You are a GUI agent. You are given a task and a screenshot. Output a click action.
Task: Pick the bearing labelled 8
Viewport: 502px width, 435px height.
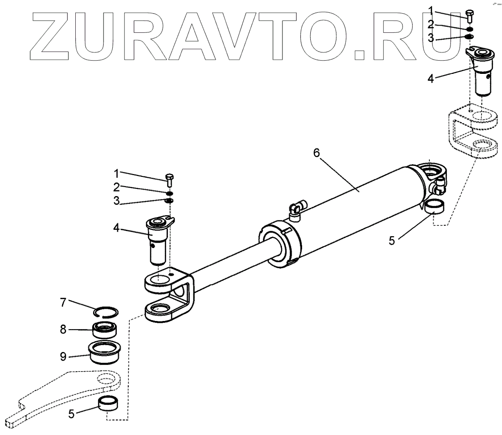[x=106, y=329]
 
